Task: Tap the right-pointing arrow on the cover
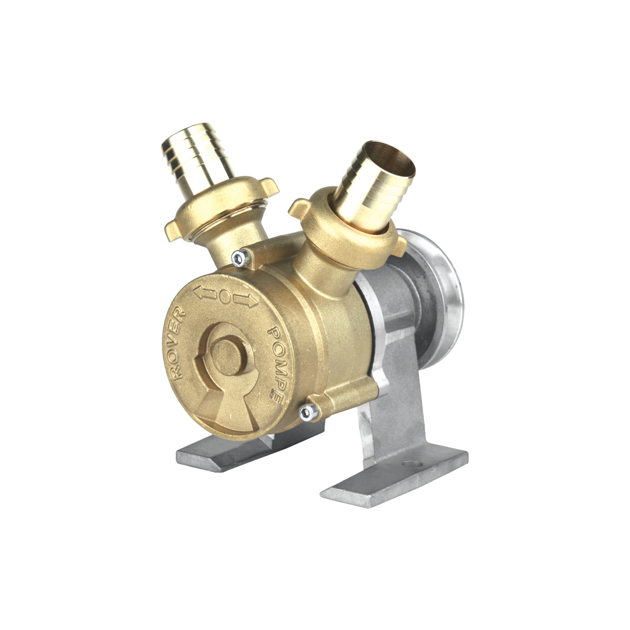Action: click(246, 300)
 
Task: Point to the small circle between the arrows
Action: click(225, 297)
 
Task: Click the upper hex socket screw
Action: click(240, 257)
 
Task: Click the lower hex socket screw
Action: click(309, 411)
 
